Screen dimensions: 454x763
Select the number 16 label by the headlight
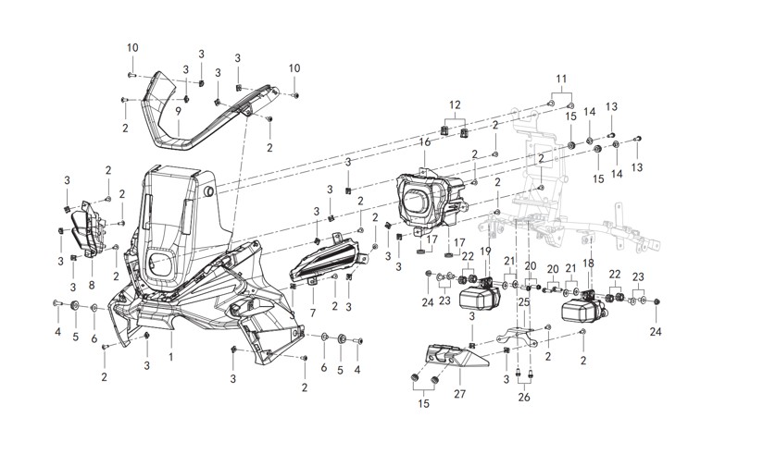pos(425,142)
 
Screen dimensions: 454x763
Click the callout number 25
pos(524,301)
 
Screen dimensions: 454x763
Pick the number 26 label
pos(526,399)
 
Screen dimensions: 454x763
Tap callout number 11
pos(561,80)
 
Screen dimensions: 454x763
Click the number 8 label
pos(92,286)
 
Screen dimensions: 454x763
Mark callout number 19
pos(485,251)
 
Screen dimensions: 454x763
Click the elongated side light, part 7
pos(324,259)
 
